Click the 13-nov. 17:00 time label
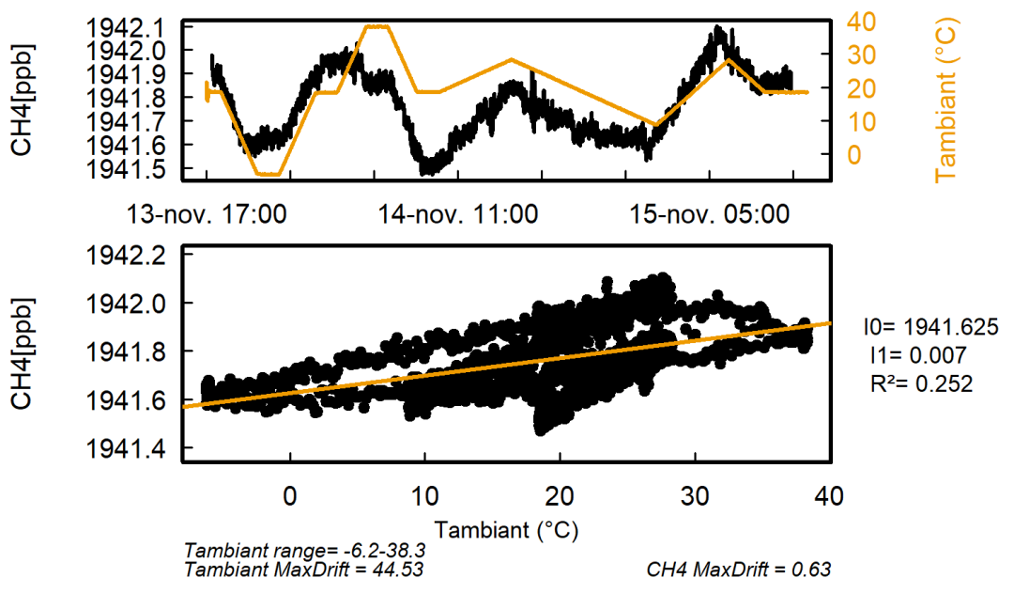[x=207, y=214]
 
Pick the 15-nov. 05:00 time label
[x=709, y=214]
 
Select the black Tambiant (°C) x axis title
[x=505, y=531]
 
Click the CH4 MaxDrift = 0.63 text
[x=739, y=570]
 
